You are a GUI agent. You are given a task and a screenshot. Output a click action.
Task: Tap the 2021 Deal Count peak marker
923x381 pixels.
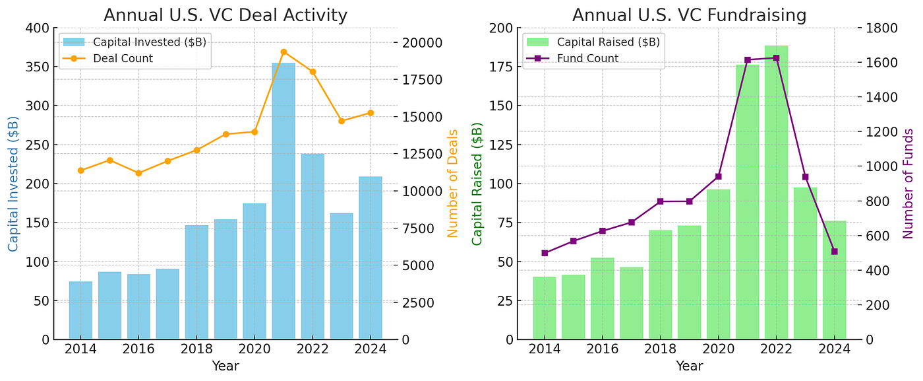(x=283, y=52)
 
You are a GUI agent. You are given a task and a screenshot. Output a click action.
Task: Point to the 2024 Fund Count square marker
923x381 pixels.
(x=834, y=252)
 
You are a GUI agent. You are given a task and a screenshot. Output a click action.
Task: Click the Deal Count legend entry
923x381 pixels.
(x=123, y=59)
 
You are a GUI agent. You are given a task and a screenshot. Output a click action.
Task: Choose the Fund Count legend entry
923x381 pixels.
(x=587, y=59)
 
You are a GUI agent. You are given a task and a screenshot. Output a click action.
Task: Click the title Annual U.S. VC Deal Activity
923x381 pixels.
(x=225, y=15)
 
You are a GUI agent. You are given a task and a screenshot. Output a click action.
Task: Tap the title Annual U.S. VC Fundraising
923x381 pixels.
(x=689, y=15)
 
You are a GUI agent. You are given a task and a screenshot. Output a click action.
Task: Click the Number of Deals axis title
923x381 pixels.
(x=452, y=183)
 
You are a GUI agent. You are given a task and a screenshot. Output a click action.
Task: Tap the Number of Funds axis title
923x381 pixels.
(x=908, y=183)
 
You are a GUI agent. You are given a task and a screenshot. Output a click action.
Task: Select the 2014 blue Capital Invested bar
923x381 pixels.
(x=80, y=310)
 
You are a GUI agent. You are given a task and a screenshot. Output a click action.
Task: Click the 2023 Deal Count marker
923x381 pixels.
(x=342, y=121)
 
